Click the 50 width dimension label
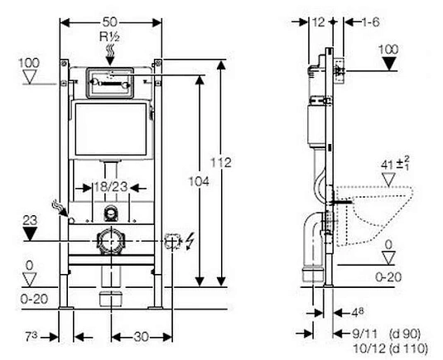[x=111, y=22]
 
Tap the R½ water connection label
[x=109, y=36]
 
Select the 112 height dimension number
[x=221, y=163]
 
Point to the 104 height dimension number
[x=199, y=181]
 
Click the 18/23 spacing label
[x=111, y=187]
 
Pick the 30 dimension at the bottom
[x=142, y=337]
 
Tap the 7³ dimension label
[x=31, y=337]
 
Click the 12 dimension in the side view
[x=319, y=22]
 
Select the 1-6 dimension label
[x=371, y=22]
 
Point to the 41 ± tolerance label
[x=395, y=164]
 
